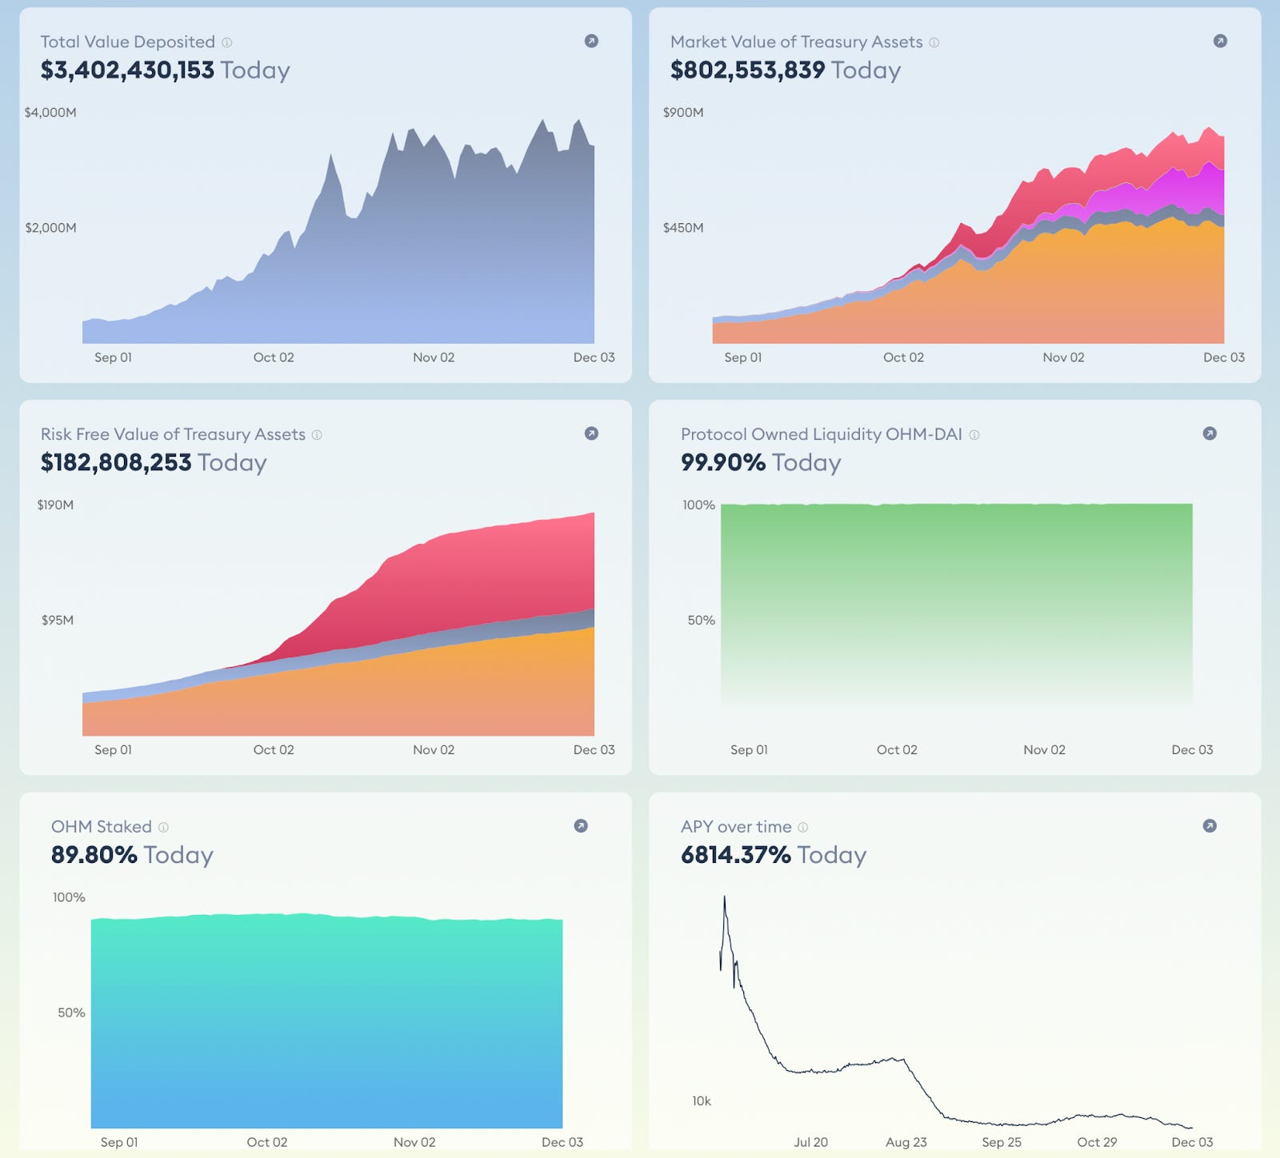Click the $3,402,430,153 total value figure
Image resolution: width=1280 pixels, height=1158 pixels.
point(127,70)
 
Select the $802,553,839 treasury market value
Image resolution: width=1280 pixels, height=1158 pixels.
point(747,70)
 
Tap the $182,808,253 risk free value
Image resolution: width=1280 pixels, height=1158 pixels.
point(116,463)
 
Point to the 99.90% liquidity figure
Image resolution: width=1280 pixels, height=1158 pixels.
point(722,463)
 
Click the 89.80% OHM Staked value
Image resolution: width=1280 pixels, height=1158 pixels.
point(94,855)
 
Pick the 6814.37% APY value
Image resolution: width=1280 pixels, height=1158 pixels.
point(735,855)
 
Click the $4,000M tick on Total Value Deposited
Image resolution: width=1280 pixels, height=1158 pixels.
point(50,113)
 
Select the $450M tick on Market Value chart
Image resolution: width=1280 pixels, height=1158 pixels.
point(683,228)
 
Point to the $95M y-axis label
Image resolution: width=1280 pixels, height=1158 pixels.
point(58,621)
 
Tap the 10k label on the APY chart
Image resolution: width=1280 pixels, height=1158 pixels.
point(702,1101)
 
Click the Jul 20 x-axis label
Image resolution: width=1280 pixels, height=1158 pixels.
point(810,1142)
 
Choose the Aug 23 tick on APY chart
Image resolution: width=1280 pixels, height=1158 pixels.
point(906,1142)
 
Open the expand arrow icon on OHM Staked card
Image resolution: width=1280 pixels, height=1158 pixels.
point(581,826)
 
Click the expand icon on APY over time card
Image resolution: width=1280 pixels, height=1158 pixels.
point(1210,826)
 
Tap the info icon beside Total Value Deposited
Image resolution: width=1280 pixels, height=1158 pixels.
point(227,42)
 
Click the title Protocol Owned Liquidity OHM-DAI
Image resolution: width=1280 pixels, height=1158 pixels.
point(821,434)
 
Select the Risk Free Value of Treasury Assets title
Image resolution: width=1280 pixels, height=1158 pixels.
point(173,434)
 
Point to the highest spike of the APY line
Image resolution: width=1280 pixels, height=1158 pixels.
point(725,897)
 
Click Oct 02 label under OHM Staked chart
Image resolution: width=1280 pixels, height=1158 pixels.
point(266,1142)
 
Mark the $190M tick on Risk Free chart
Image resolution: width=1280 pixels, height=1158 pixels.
point(55,505)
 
